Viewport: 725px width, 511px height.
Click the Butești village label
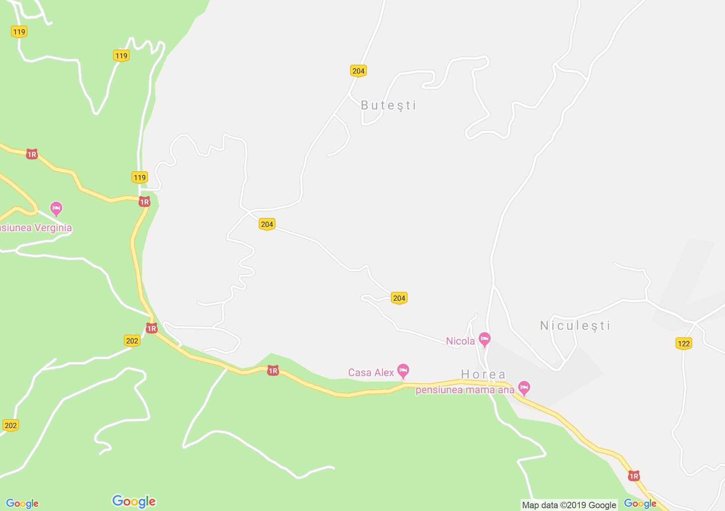(388, 105)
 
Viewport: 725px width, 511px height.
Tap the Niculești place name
(575, 326)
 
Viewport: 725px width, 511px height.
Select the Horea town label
(483, 374)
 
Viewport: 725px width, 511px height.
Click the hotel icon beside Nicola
(485, 339)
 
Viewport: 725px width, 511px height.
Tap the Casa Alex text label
(371, 372)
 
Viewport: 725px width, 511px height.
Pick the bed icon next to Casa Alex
(403, 370)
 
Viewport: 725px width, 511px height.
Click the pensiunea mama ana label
(465, 390)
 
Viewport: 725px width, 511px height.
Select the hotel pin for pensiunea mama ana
(524, 387)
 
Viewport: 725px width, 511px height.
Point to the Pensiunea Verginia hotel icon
(56, 208)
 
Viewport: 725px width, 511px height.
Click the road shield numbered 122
(684, 343)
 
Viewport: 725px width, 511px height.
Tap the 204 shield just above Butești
(358, 71)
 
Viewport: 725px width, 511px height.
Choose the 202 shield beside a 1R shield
(132, 341)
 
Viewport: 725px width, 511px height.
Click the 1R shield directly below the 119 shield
(144, 202)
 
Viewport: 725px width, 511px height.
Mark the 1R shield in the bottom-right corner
(634, 476)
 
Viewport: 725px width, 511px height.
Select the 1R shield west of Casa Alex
(273, 371)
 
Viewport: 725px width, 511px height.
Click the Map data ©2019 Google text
(569, 505)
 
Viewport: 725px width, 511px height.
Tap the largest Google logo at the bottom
(134, 501)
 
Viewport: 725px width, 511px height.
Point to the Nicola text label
(460, 341)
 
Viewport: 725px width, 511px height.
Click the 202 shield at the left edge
(11, 425)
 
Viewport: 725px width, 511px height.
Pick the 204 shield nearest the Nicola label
(399, 298)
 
